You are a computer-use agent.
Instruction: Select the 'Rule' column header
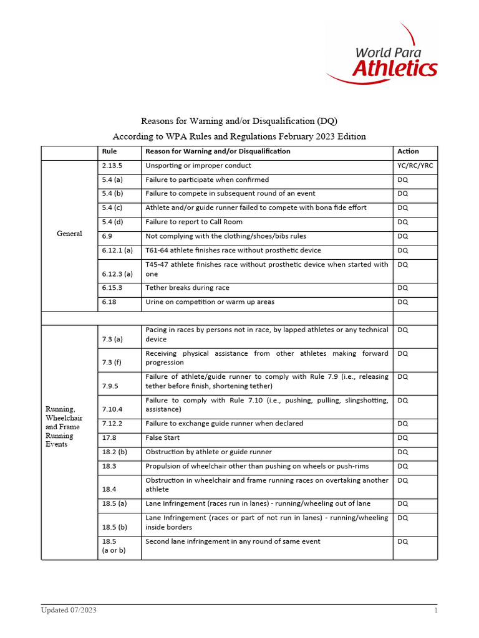point(109,151)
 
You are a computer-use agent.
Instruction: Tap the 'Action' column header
point(408,151)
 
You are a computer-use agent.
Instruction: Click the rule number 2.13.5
point(112,166)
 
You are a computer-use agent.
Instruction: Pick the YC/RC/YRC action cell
point(414,166)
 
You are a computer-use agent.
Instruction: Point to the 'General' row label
point(69,234)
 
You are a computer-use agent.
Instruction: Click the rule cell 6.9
point(107,236)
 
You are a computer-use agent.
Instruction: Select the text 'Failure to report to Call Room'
point(194,222)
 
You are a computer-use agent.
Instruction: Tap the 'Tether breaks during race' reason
point(187,288)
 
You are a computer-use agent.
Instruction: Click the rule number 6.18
point(109,302)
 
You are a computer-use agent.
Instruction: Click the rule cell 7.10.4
point(112,409)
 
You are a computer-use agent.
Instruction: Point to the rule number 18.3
point(109,466)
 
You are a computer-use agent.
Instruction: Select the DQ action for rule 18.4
point(403,480)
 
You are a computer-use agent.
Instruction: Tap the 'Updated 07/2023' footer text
point(69,611)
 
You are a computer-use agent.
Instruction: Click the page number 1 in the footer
point(436,611)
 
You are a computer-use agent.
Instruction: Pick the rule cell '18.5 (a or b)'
point(113,546)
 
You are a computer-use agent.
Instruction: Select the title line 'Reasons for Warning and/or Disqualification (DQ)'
point(239,120)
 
